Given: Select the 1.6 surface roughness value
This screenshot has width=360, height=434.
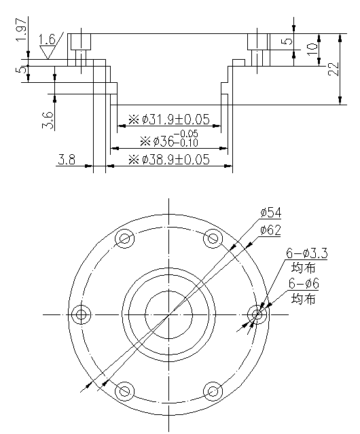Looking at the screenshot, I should [x=48, y=39].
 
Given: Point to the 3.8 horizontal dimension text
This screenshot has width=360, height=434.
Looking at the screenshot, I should [x=67, y=160].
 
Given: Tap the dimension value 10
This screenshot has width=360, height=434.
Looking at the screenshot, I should [x=311, y=50].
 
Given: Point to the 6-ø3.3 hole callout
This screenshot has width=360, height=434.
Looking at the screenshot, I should [x=308, y=253].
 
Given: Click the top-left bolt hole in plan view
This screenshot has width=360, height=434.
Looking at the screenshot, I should [x=125, y=238].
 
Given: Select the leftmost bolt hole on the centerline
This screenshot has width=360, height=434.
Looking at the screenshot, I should [x=82, y=314].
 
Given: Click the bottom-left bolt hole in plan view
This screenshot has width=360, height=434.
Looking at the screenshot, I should [x=125, y=391].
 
